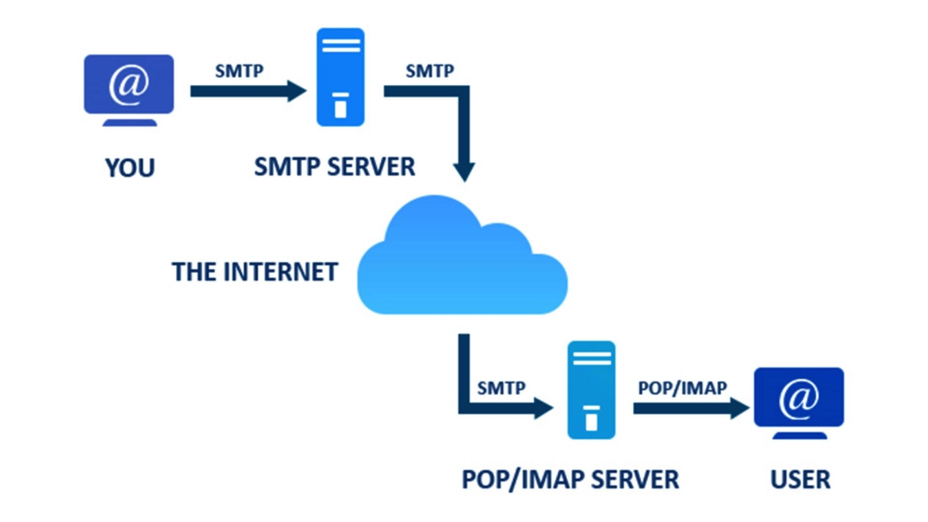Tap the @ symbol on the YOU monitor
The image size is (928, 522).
tap(129, 83)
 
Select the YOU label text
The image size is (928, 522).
tap(129, 168)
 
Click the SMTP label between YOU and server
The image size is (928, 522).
tap(239, 71)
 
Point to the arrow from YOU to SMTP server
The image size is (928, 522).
tap(246, 91)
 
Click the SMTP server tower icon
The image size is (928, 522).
tap(340, 77)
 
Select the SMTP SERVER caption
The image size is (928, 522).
tap(335, 167)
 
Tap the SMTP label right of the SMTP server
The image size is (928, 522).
tap(430, 71)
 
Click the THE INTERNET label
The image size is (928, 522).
tap(255, 272)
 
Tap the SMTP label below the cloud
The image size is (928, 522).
tap(501, 388)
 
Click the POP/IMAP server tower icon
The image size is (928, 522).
tap(591, 390)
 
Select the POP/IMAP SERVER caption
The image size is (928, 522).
tap(570, 479)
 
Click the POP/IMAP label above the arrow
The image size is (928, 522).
tap(682, 388)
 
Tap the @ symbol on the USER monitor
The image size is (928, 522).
tap(799, 397)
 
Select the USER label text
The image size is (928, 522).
tap(800, 479)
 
